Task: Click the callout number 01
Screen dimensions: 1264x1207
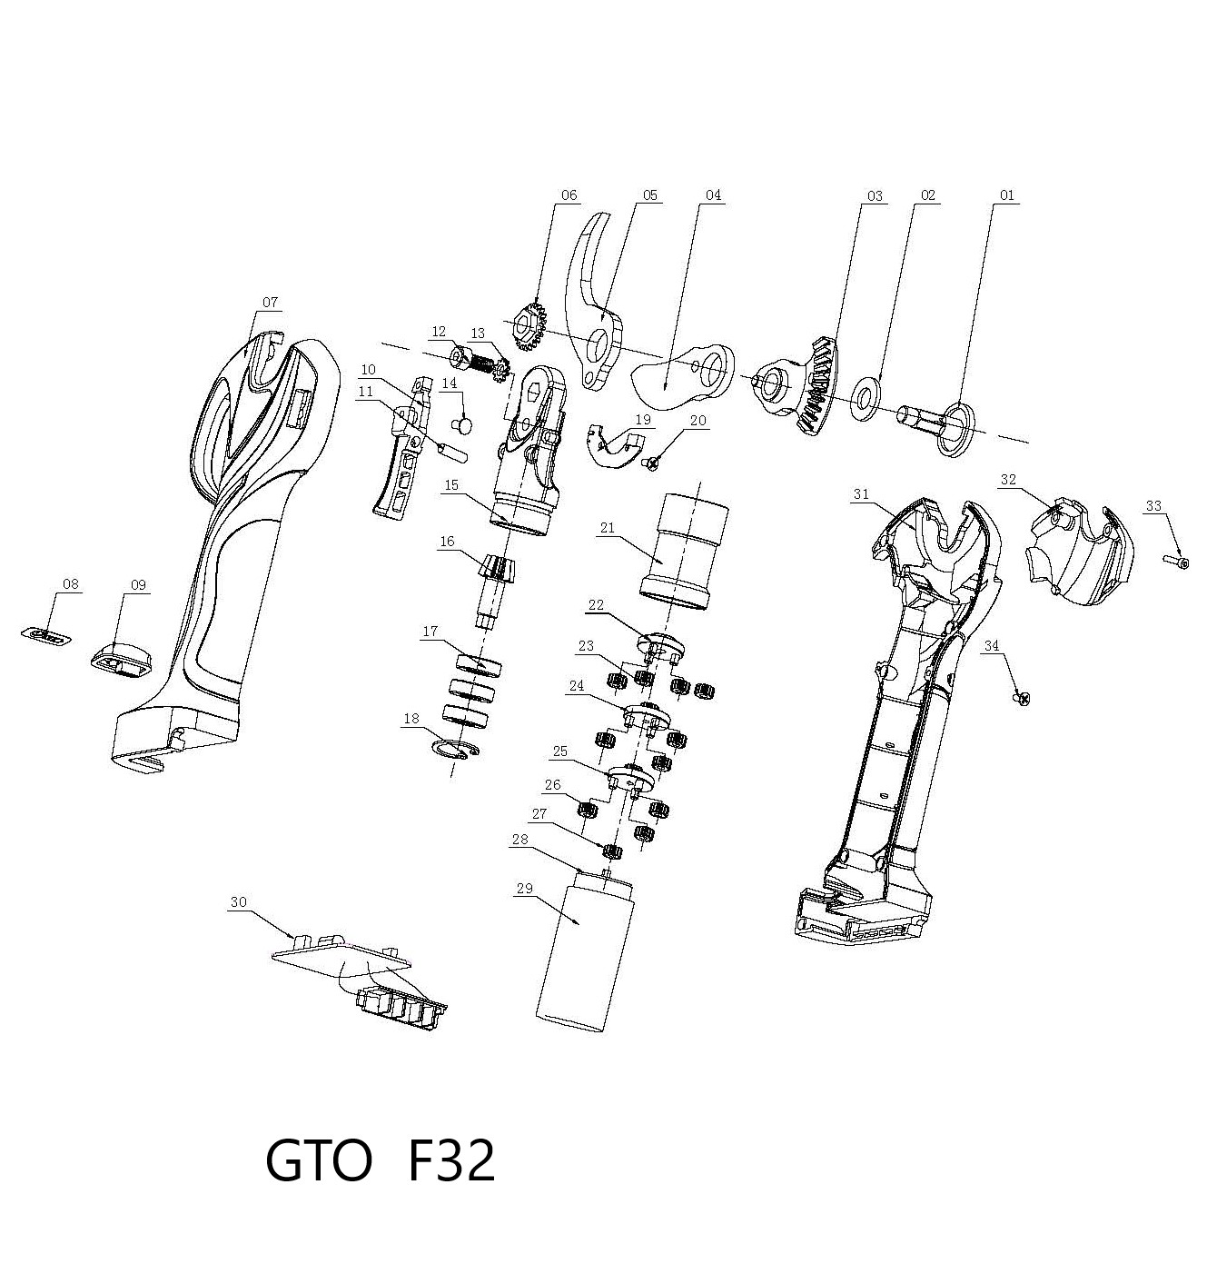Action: pyautogui.click(x=1006, y=195)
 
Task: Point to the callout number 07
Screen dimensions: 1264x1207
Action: pyautogui.click(x=271, y=303)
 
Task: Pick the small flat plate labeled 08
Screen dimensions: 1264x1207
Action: pyautogui.click(x=46, y=634)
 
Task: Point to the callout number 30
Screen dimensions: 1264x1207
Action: pyautogui.click(x=238, y=902)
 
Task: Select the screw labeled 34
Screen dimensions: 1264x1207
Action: pyautogui.click(x=1023, y=698)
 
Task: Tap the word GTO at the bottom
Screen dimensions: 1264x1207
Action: pyautogui.click(x=319, y=1161)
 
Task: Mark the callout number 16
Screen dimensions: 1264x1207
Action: pyautogui.click(x=447, y=542)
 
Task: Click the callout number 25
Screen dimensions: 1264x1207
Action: pyautogui.click(x=560, y=751)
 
